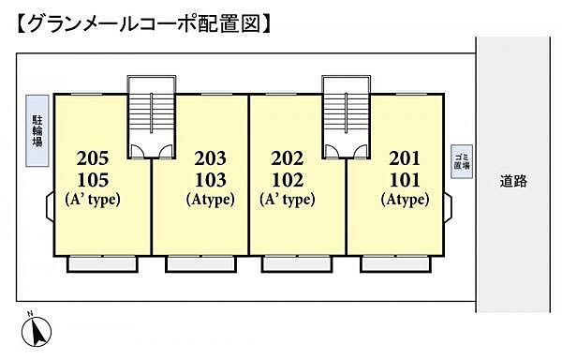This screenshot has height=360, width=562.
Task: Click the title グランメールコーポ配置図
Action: [143, 24]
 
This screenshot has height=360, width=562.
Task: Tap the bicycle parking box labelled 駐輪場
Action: [37, 130]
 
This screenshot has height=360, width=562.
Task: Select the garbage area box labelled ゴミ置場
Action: [462, 161]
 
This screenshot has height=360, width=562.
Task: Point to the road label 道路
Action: [513, 181]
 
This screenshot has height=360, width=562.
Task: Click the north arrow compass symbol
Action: [37, 331]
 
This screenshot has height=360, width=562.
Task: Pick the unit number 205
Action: [93, 158]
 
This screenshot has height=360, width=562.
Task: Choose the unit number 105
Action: [93, 180]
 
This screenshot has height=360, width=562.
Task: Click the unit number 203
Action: [211, 158]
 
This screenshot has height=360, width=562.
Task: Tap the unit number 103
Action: [211, 180]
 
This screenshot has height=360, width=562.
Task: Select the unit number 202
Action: [288, 158]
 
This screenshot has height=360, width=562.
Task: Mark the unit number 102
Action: [288, 180]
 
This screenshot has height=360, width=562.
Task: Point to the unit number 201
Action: [405, 158]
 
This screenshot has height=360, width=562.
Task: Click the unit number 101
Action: [405, 180]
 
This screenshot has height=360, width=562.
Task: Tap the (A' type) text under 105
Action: [93, 200]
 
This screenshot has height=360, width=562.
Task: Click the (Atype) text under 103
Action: [211, 200]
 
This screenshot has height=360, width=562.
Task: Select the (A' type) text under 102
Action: [288, 200]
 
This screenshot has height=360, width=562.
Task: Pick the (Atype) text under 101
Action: [405, 200]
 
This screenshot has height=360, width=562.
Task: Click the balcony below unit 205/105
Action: [102, 263]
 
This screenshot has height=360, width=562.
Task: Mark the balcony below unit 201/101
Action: [395, 263]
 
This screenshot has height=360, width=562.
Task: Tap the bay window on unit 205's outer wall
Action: [51, 206]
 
